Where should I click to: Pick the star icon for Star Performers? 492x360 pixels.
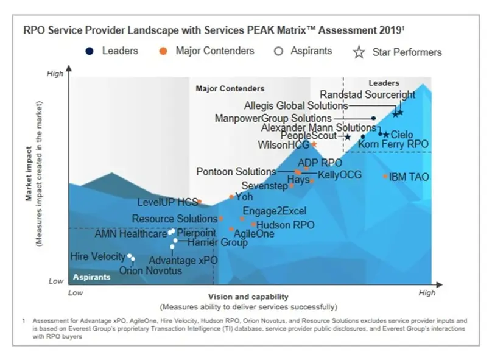click(x=359, y=52)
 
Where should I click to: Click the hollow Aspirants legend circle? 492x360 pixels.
click(x=279, y=51)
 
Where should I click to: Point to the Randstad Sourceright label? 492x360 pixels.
click(x=367, y=95)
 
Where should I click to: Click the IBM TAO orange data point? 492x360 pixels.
click(x=385, y=176)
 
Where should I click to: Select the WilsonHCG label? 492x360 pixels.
click(x=284, y=145)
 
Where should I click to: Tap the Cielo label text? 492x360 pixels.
click(x=402, y=135)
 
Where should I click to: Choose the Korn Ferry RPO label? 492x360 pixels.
click(x=393, y=144)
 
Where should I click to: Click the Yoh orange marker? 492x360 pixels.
click(x=231, y=197)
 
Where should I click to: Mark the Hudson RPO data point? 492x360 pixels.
click(x=254, y=225)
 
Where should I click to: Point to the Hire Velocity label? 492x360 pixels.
click(x=97, y=256)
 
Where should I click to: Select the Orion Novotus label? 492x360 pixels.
click(x=150, y=270)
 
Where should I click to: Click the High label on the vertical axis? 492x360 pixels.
click(x=55, y=74)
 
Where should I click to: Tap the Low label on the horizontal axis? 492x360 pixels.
click(x=75, y=293)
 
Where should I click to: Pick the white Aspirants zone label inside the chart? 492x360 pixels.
click(x=92, y=277)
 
